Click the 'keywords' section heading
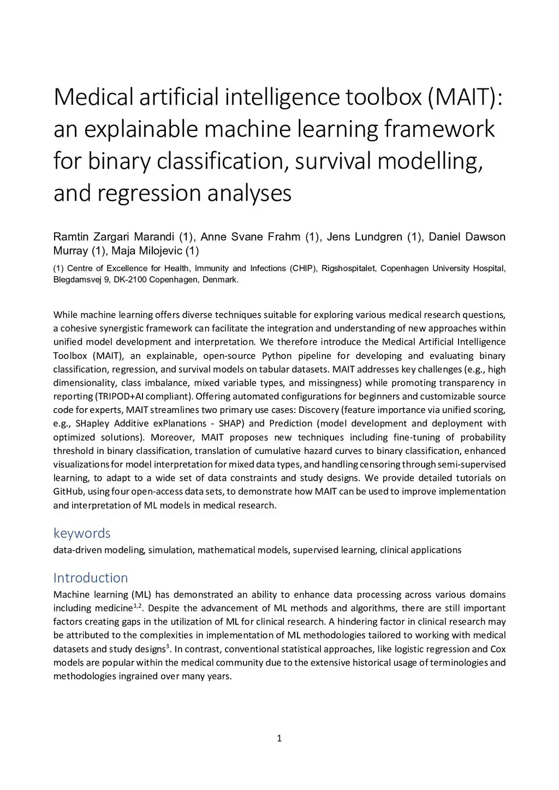(x=82, y=533)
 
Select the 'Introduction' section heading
(x=91, y=578)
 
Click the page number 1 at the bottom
(x=279, y=739)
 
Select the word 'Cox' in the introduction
(x=498, y=649)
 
